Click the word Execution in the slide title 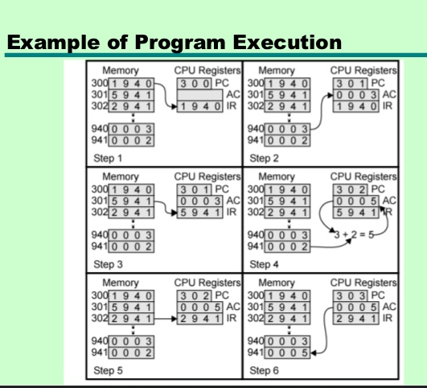click(x=287, y=43)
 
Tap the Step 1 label click(x=108, y=158)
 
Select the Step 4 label click(x=264, y=264)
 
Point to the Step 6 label click(x=264, y=370)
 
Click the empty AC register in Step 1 click(x=199, y=95)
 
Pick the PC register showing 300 click(x=194, y=84)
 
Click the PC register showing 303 click(x=350, y=296)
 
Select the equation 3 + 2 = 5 click(x=354, y=234)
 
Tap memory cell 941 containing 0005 click(x=287, y=353)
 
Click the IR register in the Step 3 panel click(x=199, y=213)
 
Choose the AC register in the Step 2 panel click(x=355, y=95)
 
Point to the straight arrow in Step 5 click(x=166, y=319)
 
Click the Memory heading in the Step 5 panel click(x=121, y=283)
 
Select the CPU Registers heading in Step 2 click(x=363, y=70)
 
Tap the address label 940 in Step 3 click(x=100, y=235)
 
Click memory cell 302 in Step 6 click(x=287, y=319)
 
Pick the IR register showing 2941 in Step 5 click(x=199, y=319)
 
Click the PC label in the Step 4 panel click(x=378, y=189)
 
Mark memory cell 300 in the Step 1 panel click(x=131, y=84)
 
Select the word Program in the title click(x=180, y=43)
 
